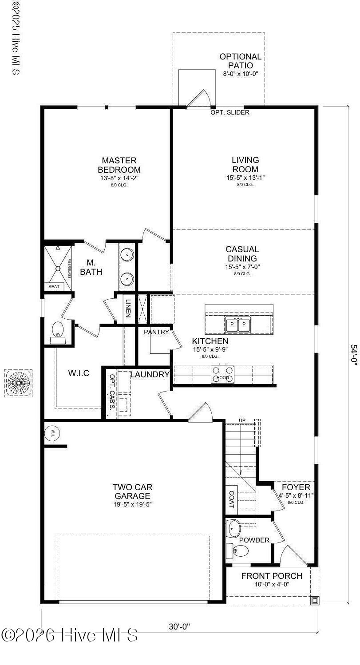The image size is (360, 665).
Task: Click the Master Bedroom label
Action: tap(119, 165)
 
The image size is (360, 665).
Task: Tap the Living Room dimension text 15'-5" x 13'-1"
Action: tap(245, 178)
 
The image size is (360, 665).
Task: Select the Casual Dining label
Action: tap(242, 254)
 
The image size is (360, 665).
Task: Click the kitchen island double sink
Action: tap(238, 325)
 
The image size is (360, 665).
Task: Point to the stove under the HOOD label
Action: tap(222, 374)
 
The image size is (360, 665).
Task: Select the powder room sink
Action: tap(234, 528)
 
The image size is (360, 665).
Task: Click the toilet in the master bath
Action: tap(58, 331)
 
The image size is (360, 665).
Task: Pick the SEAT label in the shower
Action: tap(54, 287)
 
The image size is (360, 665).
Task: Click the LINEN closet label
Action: tap(128, 309)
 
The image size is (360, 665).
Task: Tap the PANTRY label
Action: tap(156, 332)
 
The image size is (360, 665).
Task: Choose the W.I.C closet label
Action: tap(78, 373)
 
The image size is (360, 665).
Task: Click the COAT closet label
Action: tap(232, 499)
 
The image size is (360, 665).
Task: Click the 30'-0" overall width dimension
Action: tap(179, 626)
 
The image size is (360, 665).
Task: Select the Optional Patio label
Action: tap(240, 61)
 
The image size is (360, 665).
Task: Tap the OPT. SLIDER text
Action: tap(229, 112)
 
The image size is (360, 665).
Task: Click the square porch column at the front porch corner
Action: tap(315, 601)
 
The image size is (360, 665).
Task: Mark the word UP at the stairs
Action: tap(242, 420)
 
